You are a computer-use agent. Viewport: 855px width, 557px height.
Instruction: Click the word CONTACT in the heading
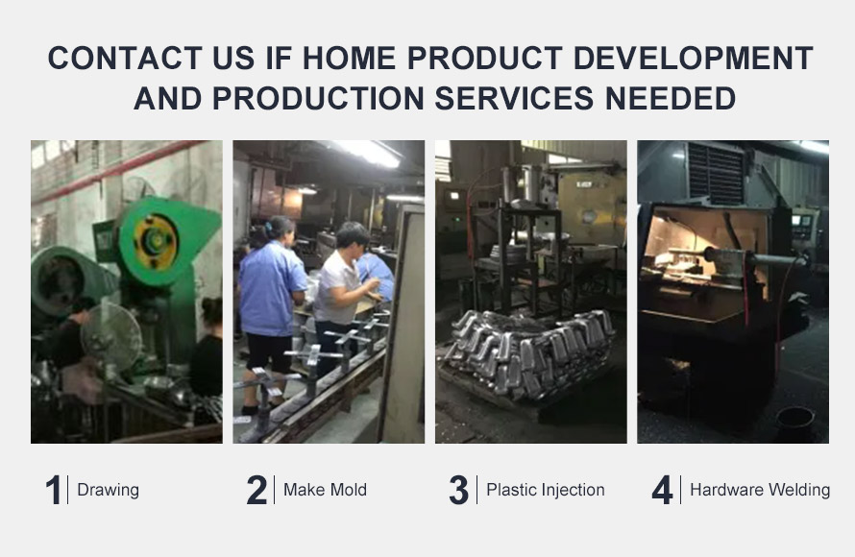[x=125, y=58]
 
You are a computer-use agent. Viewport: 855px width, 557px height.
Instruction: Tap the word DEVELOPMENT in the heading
[x=693, y=58]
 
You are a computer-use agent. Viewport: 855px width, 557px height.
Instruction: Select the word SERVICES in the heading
[x=514, y=98]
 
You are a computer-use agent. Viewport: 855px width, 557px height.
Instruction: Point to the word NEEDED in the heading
[x=671, y=98]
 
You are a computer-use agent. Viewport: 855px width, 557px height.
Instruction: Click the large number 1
[x=54, y=490]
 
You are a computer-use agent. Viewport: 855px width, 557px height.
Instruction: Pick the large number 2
[x=256, y=490]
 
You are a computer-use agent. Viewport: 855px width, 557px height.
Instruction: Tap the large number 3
[x=458, y=490]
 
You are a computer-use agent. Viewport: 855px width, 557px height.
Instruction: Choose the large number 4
[x=662, y=490]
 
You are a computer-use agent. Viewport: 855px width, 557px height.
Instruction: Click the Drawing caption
[x=108, y=490]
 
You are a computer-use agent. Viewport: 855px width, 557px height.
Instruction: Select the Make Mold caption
[x=325, y=490]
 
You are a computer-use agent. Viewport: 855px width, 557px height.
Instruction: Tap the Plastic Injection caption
[x=546, y=490]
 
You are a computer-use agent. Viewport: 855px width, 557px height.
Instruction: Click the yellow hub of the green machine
[x=157, y=241]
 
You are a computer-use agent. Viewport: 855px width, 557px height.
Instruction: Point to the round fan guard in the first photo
[x=111, y=336]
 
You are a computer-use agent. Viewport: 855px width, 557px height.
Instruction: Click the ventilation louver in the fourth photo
[x=716, y=173]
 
